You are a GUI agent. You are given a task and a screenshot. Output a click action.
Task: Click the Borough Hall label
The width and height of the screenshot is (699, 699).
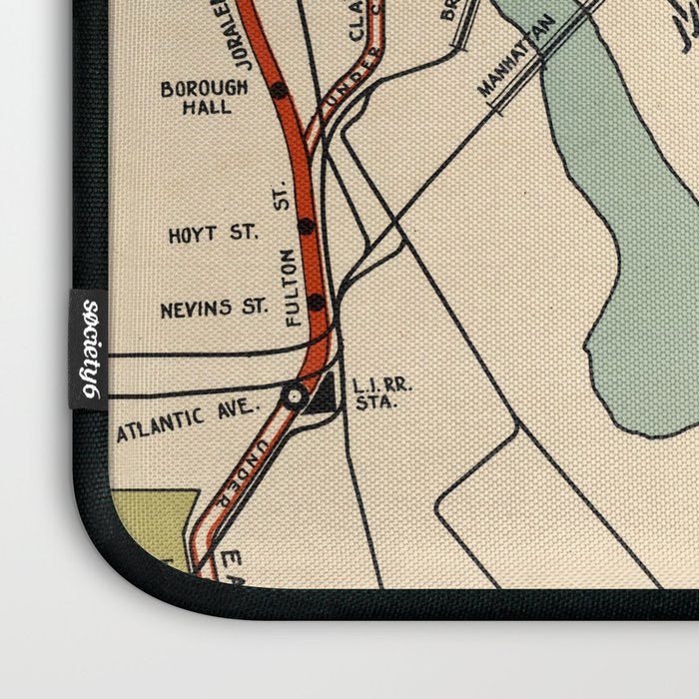(x=204, y=96)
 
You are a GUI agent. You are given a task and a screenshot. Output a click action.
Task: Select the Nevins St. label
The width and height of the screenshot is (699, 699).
(x=213, y=310)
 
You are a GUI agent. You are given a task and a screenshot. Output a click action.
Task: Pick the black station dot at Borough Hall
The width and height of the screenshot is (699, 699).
(x=279, y=90)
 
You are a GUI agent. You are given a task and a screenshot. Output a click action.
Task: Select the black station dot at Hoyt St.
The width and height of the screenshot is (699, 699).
(x=305, y=227)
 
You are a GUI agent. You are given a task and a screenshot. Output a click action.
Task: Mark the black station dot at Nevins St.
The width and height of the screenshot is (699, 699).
(x=317, y=302)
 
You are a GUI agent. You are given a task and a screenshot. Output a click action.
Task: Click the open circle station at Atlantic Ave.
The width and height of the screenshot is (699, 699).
(x=293, y=396)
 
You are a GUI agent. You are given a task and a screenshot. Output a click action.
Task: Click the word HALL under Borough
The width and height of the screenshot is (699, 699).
(x=204, y=106)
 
